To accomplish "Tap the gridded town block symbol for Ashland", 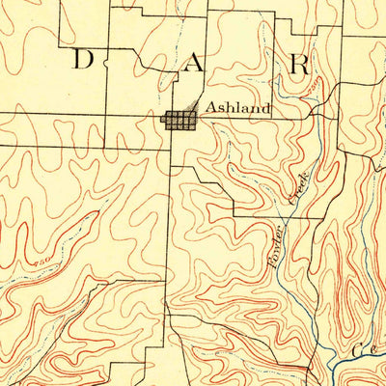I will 178,121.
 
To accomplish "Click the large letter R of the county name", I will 299,65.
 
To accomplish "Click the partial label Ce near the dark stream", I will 367,348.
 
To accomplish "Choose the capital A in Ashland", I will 206,109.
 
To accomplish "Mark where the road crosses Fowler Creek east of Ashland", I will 314,118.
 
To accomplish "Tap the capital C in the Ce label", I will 361,348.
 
